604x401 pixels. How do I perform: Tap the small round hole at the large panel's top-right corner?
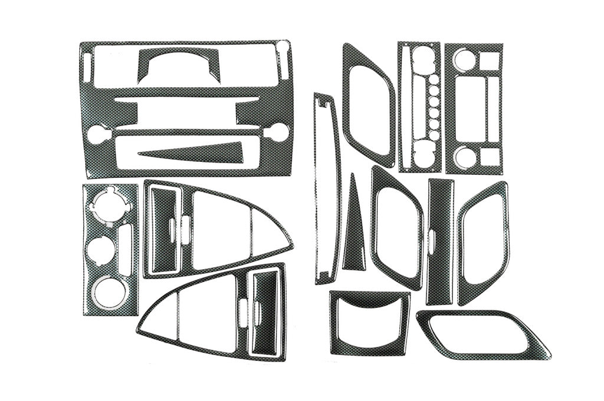coord(283,47)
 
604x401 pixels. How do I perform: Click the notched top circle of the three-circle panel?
coord(110,204)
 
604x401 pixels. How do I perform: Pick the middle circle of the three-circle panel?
coord(99,247)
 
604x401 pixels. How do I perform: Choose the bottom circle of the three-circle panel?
coord(110,290)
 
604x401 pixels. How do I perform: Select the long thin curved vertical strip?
coord(326,188)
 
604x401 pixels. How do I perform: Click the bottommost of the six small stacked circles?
coord(434,135)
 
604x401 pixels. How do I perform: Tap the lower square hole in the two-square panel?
coord(489,156)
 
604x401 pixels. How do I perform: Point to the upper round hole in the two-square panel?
coord(464,59)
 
